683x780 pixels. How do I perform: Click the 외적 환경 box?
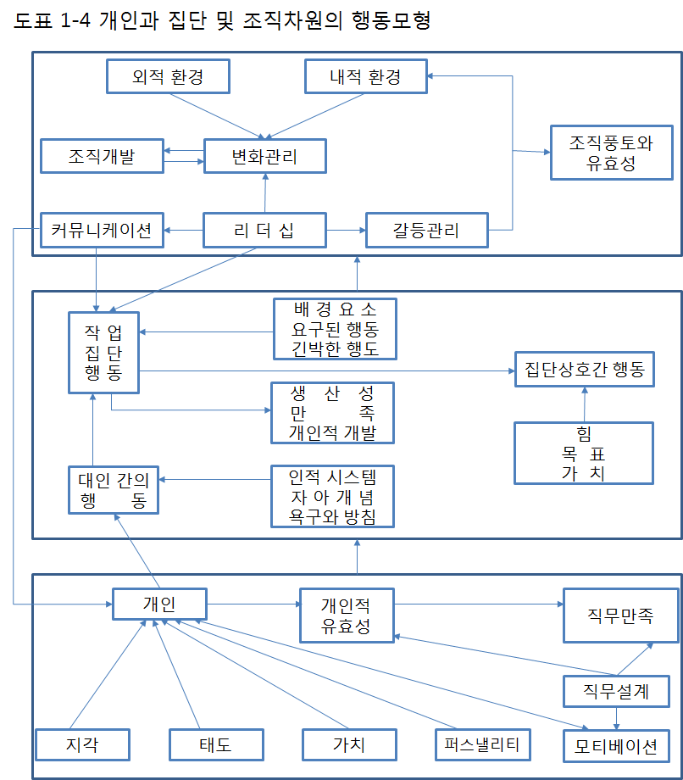(x=169, y=76)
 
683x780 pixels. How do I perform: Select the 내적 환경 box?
(x=365, y=76)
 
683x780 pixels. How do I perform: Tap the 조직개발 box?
(x=102, y=156)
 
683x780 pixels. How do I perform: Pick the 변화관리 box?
(x=265, y=156)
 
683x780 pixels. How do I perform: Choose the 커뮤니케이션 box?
(x=101, y=230)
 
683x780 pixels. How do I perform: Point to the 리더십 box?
(x=264, y=230)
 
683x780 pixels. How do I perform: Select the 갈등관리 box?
(x=426, y=230)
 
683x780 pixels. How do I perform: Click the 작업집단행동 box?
(x=104, y=352)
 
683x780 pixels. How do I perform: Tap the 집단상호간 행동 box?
(x=584, y=370)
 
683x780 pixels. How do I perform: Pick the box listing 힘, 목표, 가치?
(x=584, y=453)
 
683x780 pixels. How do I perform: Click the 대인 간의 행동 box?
(x=113, y=489)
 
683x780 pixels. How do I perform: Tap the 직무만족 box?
(x=620, y=616)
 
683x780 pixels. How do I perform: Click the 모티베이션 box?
(x=616, y=746)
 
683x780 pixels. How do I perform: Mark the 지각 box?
(x=82, y=745)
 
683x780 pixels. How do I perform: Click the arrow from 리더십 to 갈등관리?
(x=344, y=230)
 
